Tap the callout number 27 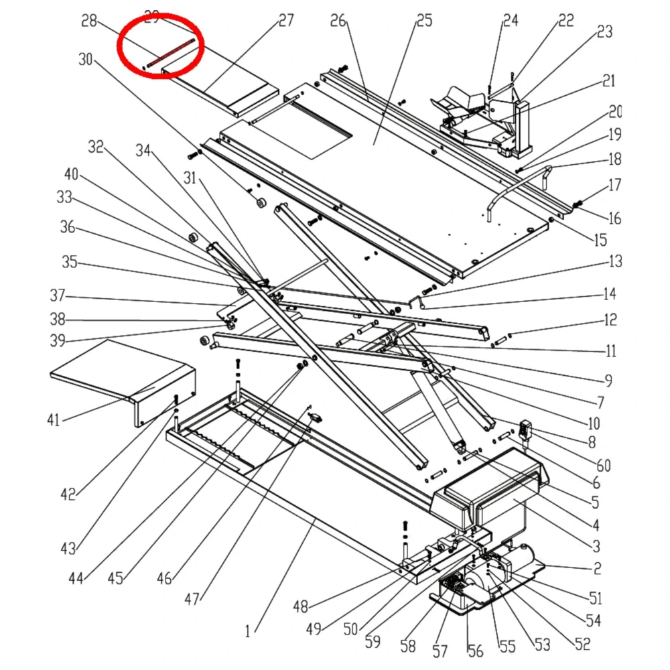286,20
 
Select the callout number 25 424,20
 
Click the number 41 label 53,420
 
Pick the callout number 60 604,465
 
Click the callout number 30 86,60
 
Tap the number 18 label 614,159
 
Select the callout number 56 474,650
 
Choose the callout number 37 58,295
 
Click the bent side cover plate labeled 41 121,375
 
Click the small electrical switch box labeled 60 527,429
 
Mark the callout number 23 604,31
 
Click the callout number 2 596,569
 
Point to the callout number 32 96,147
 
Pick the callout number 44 76,577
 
